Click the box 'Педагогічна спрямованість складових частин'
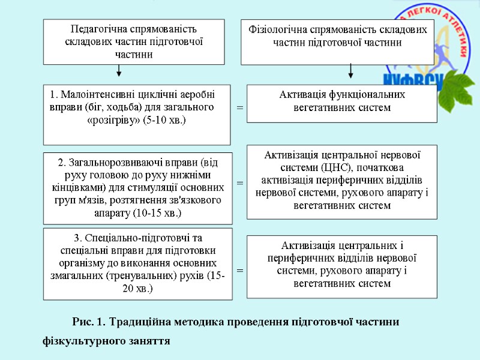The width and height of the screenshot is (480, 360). (x=134, y=41)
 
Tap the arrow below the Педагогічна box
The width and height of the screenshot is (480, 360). (x=119, y=71)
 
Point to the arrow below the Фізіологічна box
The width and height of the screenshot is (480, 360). (x=351, y=71)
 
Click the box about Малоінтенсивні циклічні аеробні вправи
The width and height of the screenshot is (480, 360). (x=137, y=114)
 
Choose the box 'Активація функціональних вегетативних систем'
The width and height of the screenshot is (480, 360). (x=342, y=103)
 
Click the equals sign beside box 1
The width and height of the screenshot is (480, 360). (x=239, y=108)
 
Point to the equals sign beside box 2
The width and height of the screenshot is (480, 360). (x=239, y=182)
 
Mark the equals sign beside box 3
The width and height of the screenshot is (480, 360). (x=239, y=271)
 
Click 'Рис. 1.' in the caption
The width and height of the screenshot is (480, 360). (x=88, y=322)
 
